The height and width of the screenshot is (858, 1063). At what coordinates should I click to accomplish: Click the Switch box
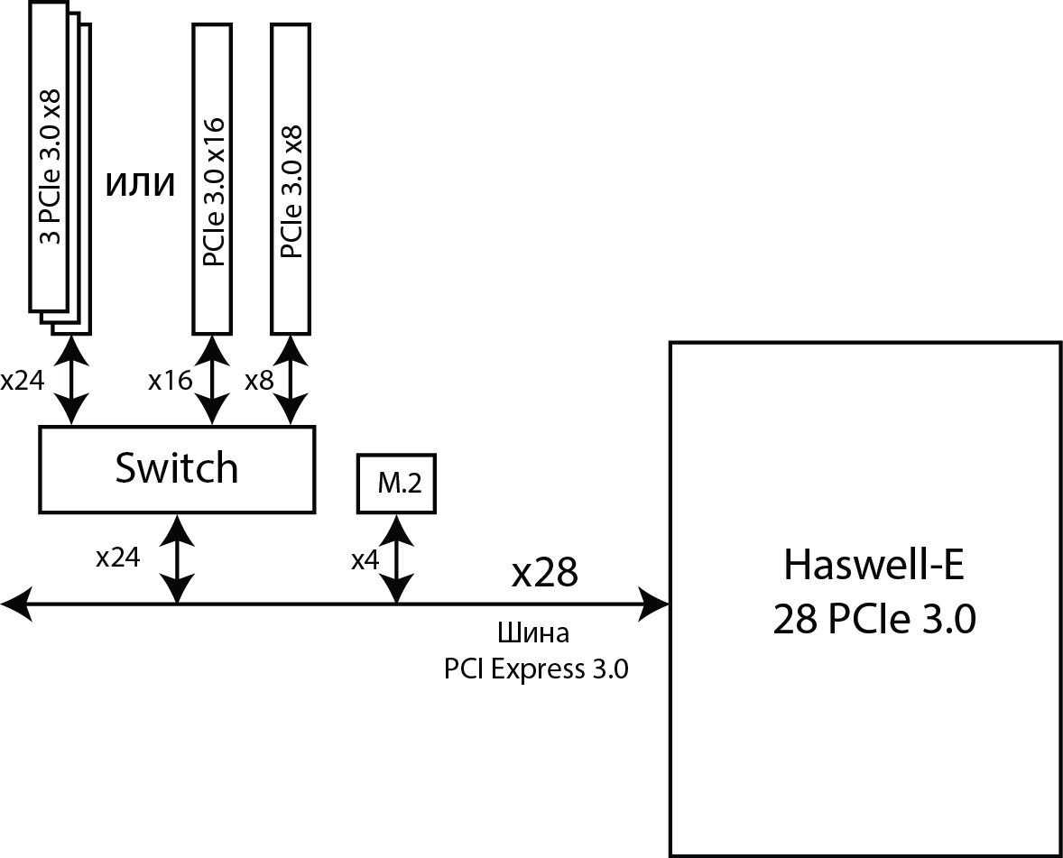click(177, 469)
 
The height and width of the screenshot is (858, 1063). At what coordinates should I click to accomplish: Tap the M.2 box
click(396, 484)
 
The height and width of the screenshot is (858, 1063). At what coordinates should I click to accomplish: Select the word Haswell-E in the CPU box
click(873, 566)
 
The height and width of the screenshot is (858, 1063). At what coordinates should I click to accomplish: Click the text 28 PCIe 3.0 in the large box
click(874, 622)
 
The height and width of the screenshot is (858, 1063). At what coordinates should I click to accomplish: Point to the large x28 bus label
click(544, 573)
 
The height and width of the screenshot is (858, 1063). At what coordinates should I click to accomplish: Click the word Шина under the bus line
click(534, 633)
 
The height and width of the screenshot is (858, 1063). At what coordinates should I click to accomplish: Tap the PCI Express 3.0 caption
click(536, 669)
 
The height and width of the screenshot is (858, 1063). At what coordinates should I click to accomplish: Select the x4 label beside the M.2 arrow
click(365, 560)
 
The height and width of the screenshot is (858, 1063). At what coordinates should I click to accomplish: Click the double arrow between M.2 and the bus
click(395, 559)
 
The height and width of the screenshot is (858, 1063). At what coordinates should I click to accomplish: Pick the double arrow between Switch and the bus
click(177, 559)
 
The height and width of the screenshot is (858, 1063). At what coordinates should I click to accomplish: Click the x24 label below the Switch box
click(118, 558)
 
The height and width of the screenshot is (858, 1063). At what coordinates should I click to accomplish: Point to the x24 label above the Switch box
click(22, 381)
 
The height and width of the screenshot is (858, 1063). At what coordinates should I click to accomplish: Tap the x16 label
click(170, 381)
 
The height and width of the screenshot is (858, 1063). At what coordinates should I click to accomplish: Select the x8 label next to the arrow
click(258, 381)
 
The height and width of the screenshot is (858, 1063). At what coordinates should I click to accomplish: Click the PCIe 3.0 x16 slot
click(213, 178)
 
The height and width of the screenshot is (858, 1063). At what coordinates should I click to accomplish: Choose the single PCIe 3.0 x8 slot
click(291, 178)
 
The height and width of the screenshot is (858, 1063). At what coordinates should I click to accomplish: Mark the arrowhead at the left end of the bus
click(16, 603)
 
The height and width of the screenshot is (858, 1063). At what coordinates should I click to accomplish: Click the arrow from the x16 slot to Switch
click(213, 381)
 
